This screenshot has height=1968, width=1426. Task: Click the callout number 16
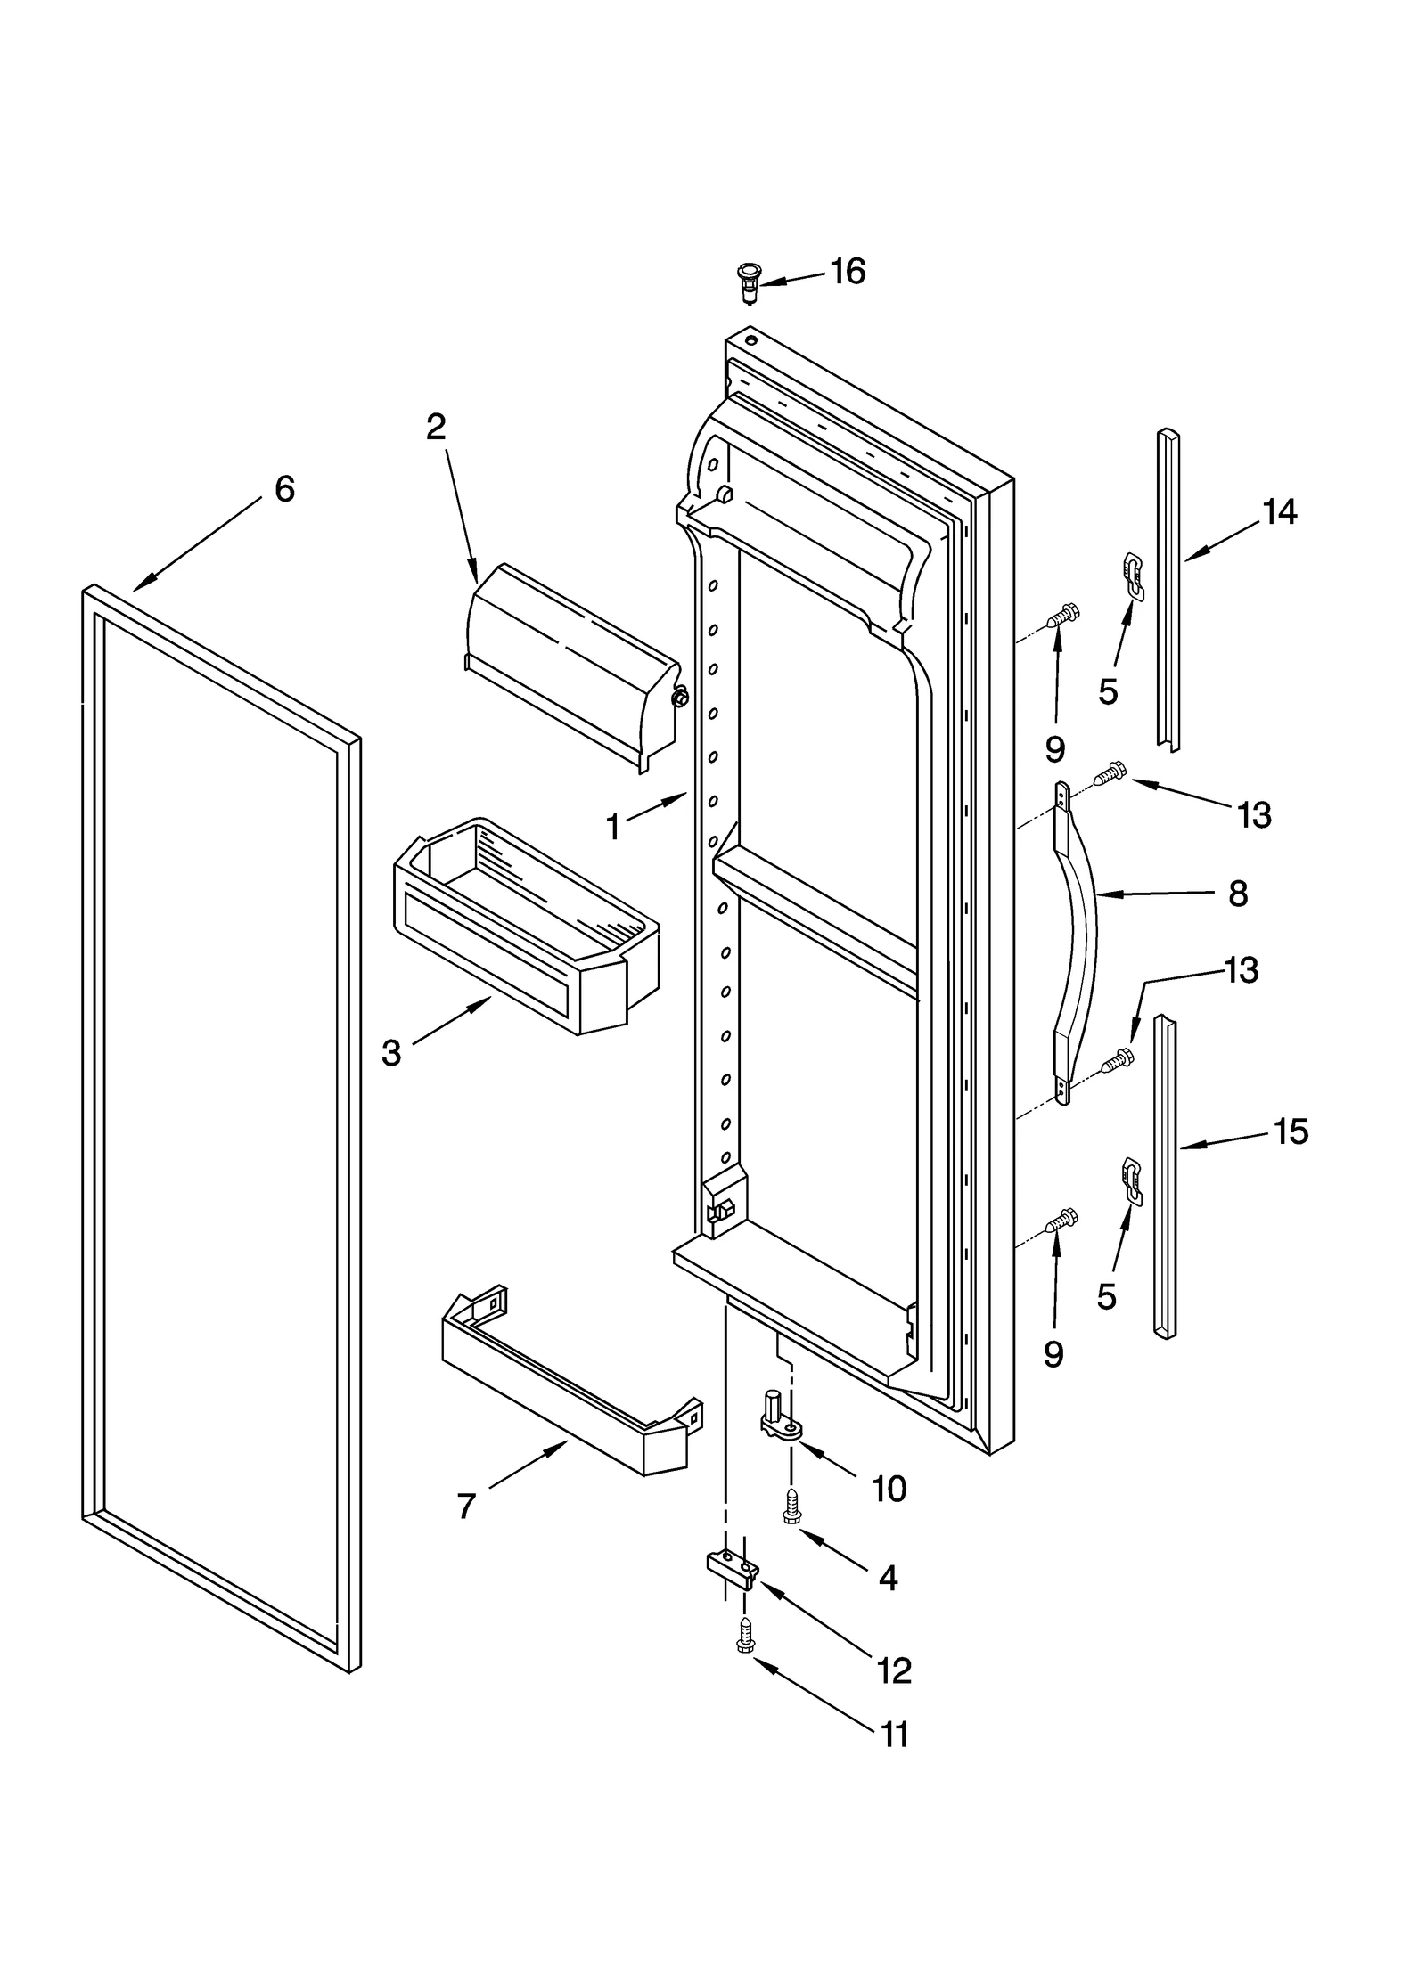coord(848,271)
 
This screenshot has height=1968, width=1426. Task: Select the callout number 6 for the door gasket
coord(284,488)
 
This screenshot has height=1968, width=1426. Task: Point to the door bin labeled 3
coord(526,927)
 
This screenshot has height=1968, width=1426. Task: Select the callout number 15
coord(1290,1131)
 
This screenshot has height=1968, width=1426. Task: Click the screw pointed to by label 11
coord(744,1659)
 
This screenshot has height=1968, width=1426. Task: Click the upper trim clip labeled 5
coord(1131,574)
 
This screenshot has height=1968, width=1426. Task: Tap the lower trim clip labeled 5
coord(1129,1180)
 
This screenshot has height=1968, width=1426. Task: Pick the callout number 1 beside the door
coord(613,827)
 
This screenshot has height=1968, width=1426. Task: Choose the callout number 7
coord(466,1506)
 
